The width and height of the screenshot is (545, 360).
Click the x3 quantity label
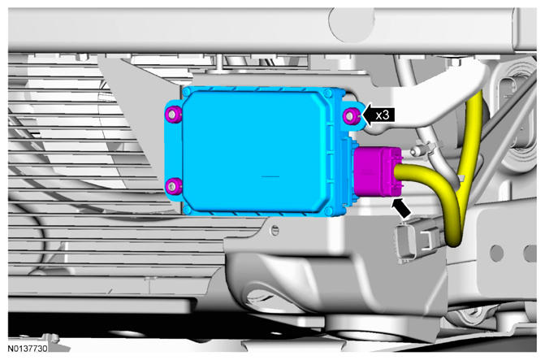pos(383,115)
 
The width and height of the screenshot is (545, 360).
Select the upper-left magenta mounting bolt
pos(174,114)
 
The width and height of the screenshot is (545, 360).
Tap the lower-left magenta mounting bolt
pos(173,186)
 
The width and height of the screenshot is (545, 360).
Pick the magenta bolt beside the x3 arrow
pos(350,115)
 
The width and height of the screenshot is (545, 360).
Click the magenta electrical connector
pos(377,171)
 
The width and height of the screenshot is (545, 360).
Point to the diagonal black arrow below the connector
pos(400,208)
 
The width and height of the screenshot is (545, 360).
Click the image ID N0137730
pos(28,348)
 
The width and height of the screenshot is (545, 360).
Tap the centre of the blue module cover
pos(256,152)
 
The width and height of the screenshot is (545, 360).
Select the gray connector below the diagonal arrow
pos(418,241)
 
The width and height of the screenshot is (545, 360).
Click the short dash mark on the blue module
pos(270,176)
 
